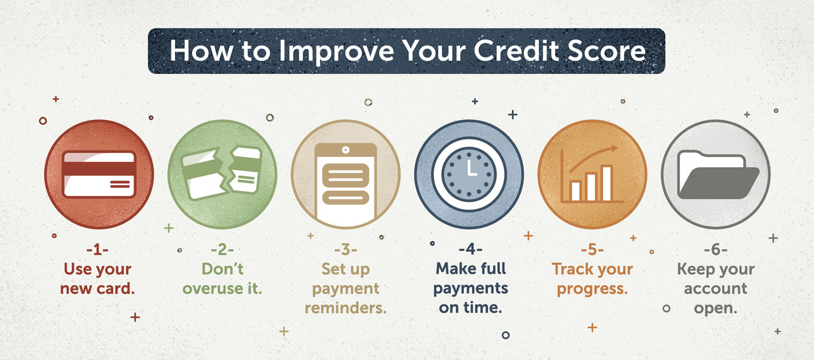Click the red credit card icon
click(x=99, y=174)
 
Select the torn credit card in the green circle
click(x=222, y=173)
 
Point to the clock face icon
click(x=469, y=174)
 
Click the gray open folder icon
click(x=718, y=175)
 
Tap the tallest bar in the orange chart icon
click(x=607, y=183)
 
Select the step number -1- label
click(x=97, y=250)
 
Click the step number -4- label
click(x=470, y=249)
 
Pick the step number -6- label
click(x=716, y=250)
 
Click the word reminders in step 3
click(x=346, y=308)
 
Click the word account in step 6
click(x=716, y=289)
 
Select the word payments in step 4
click(x=470, y=289)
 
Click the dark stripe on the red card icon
click(x=99, y=169)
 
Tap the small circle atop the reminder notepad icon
click(x=346, y=150)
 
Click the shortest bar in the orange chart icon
click(x=576, y=191)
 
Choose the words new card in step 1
click(x=97, y=289)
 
